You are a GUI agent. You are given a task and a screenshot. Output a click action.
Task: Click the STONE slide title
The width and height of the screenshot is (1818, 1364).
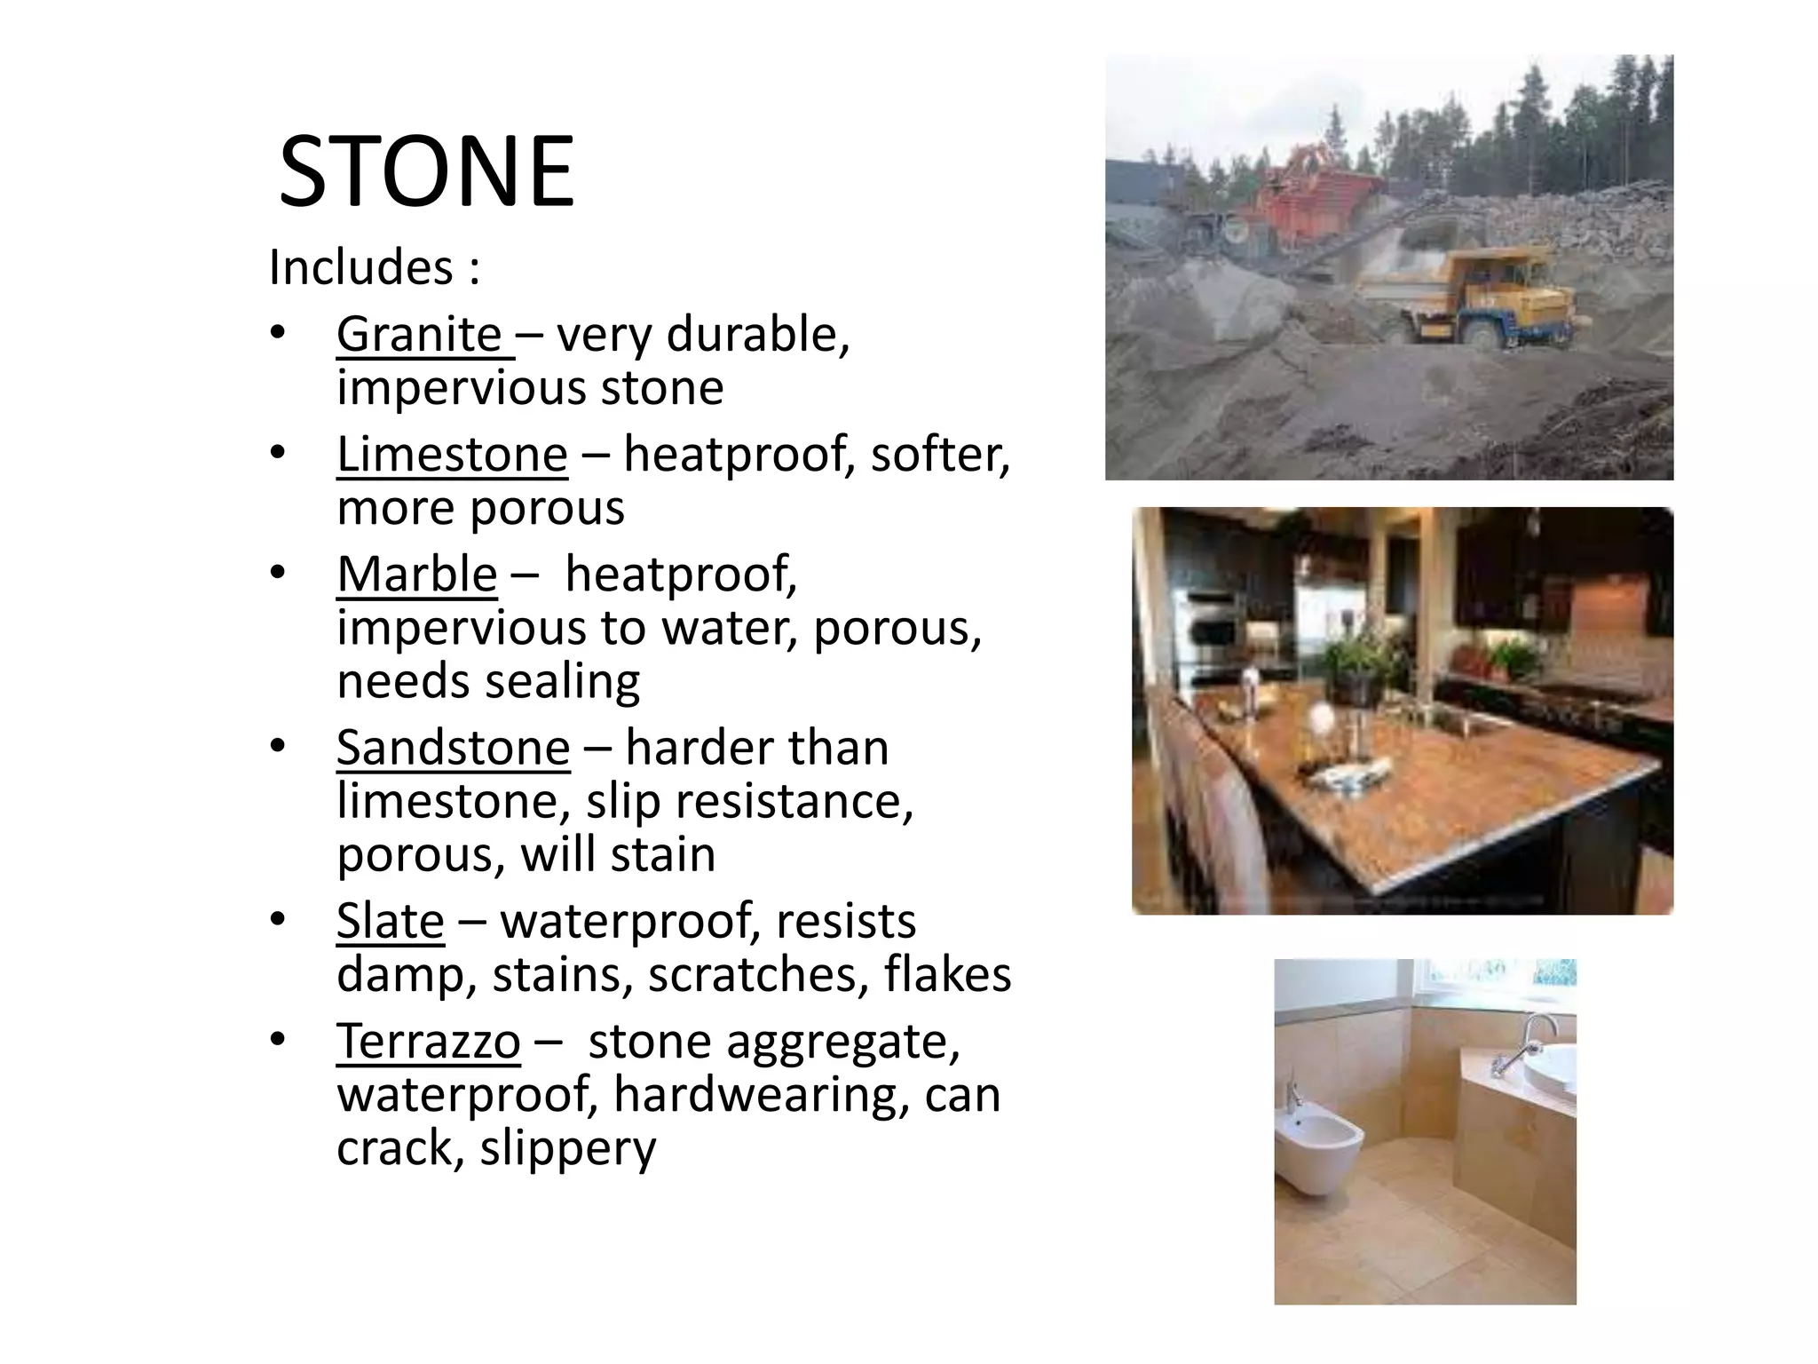point(427,172)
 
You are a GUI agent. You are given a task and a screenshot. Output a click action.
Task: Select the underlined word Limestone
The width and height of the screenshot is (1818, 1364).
point(452,456)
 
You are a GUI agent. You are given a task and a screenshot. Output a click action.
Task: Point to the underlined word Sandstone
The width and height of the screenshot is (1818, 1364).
point(453,749)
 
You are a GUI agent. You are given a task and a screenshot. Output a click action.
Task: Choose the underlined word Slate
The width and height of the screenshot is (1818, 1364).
point(390,922)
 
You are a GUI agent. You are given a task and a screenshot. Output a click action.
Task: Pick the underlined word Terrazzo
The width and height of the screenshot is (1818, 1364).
point(428,1042)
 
